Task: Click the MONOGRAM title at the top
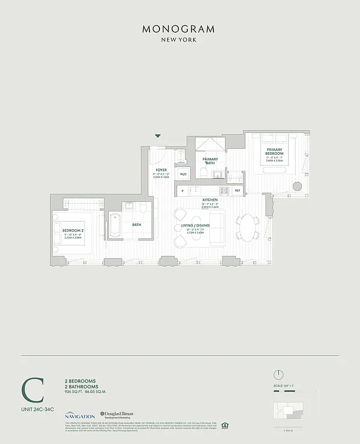pos(178,29)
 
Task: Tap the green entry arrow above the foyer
pos(158,135)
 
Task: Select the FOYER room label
pos(161,170)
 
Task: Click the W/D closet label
pos(183,174)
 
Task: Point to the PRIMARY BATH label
pos(209,160)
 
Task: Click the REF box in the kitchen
pos(237,190)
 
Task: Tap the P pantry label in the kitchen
pos(182,190)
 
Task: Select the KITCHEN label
pos(209,199)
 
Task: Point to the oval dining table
pos(247,227)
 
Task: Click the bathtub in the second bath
pos(116,226)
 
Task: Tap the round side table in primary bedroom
pos(297,186)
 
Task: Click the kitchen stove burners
pos(224,190)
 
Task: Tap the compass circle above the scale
pos(279,374)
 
